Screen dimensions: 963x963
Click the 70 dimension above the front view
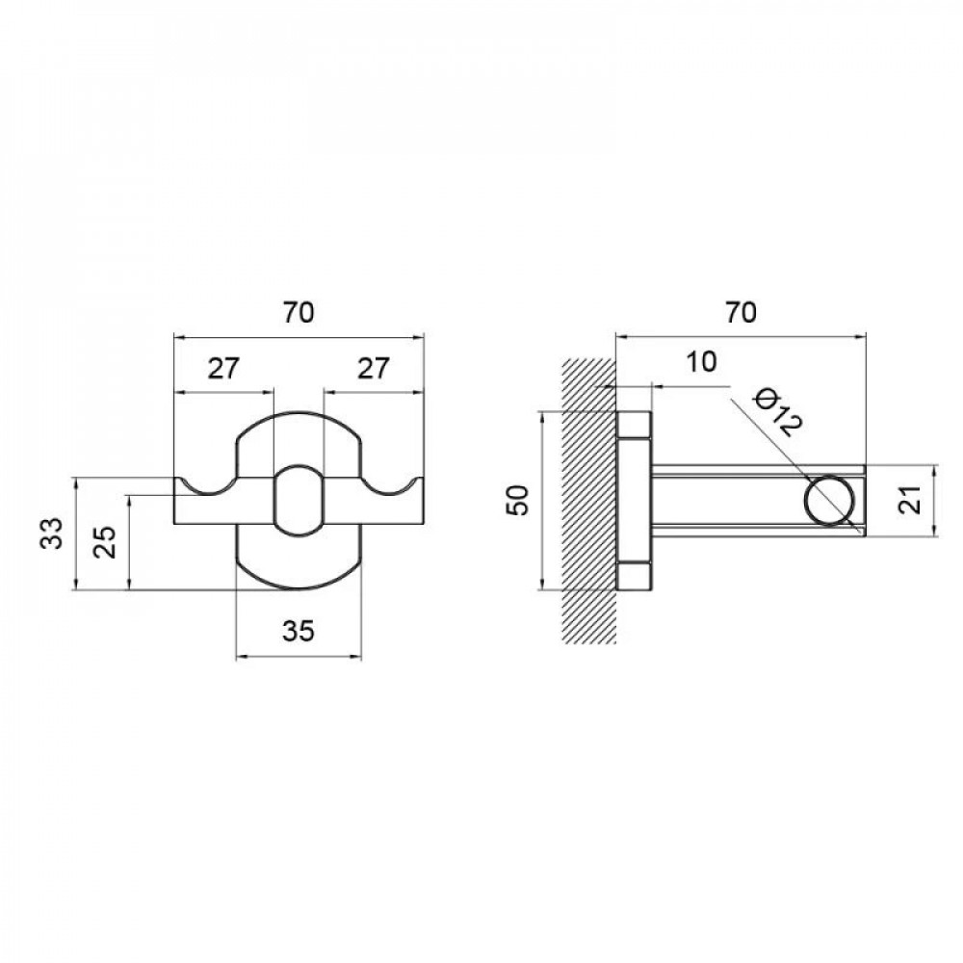coord(299,313)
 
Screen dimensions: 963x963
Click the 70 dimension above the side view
coord(741,313)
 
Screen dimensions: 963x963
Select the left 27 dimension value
coord(222,368)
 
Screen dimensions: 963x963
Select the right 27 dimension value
coord(375,368)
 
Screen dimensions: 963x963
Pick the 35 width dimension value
coord(299,632)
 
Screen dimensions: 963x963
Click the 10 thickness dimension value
coord(702,363)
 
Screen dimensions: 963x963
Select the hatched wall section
coord(587,501)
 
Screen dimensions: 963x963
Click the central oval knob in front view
coord(299,499)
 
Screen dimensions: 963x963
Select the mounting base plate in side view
coord(635,500)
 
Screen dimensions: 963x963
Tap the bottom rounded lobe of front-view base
coord(299,559)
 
